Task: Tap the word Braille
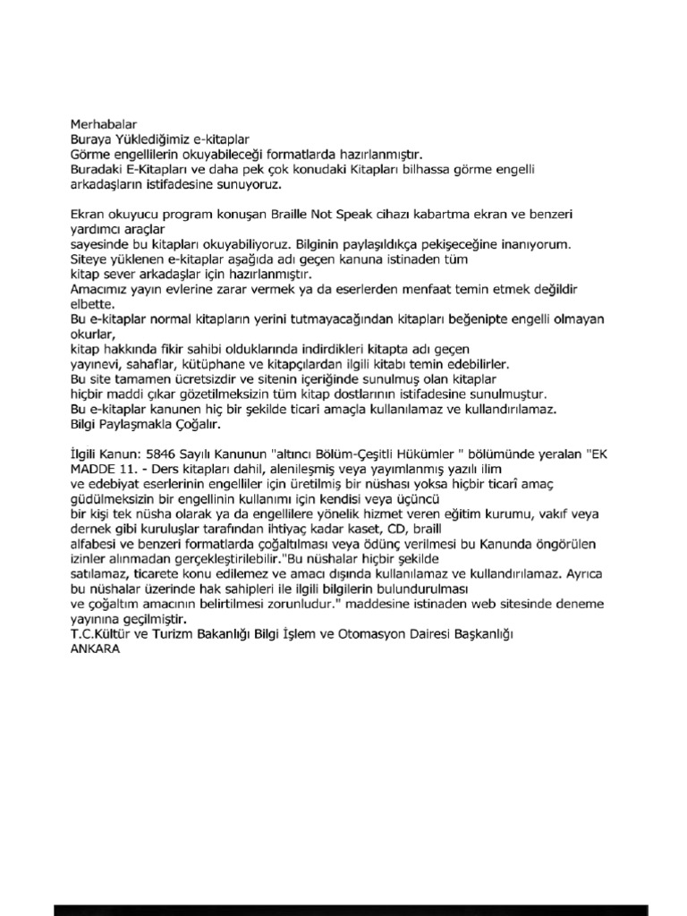pos(285,216)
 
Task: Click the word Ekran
pos(88,216)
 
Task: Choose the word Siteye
pos(89,259)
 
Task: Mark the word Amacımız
pos(98,290)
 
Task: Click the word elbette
pos(93,304)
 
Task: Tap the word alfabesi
pos(94,544)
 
